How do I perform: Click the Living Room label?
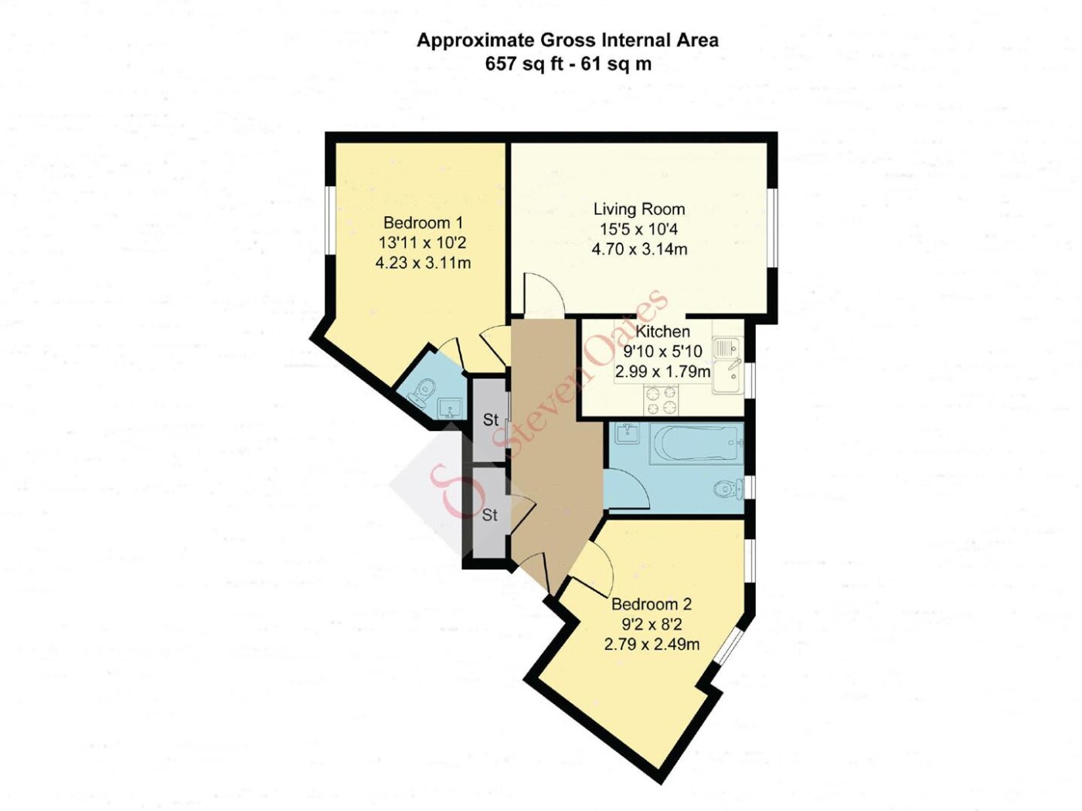[x=639, y=209]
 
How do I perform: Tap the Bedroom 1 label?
[x=423, y=223]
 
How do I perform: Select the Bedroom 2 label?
[x=652, y=604]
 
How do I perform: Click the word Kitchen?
[x=662, y=331]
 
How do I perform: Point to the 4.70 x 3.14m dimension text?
[x=639, y=249]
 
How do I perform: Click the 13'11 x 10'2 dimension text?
[x=423, y=243]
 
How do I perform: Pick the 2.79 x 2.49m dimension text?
[x=652, y=644]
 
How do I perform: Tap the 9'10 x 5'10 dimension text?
[x=662, y=351]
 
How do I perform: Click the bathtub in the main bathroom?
[x=696, y=445]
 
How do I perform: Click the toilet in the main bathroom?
[x=730, y=490]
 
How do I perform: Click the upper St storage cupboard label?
[x=491, y=420]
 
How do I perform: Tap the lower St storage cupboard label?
[x=489, y=515]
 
